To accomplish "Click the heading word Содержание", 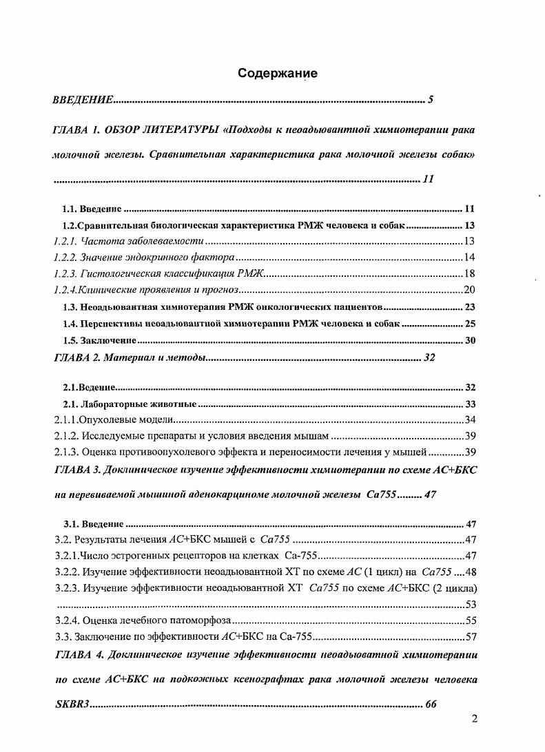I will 277,74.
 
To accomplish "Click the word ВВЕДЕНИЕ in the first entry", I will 83,101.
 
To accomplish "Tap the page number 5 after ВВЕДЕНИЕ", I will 431,101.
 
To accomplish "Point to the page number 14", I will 469,257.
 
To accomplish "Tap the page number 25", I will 470,323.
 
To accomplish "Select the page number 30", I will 470,340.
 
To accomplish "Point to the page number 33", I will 470,404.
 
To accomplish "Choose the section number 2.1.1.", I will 67,420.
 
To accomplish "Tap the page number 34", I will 469,420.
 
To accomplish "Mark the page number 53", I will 469,604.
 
